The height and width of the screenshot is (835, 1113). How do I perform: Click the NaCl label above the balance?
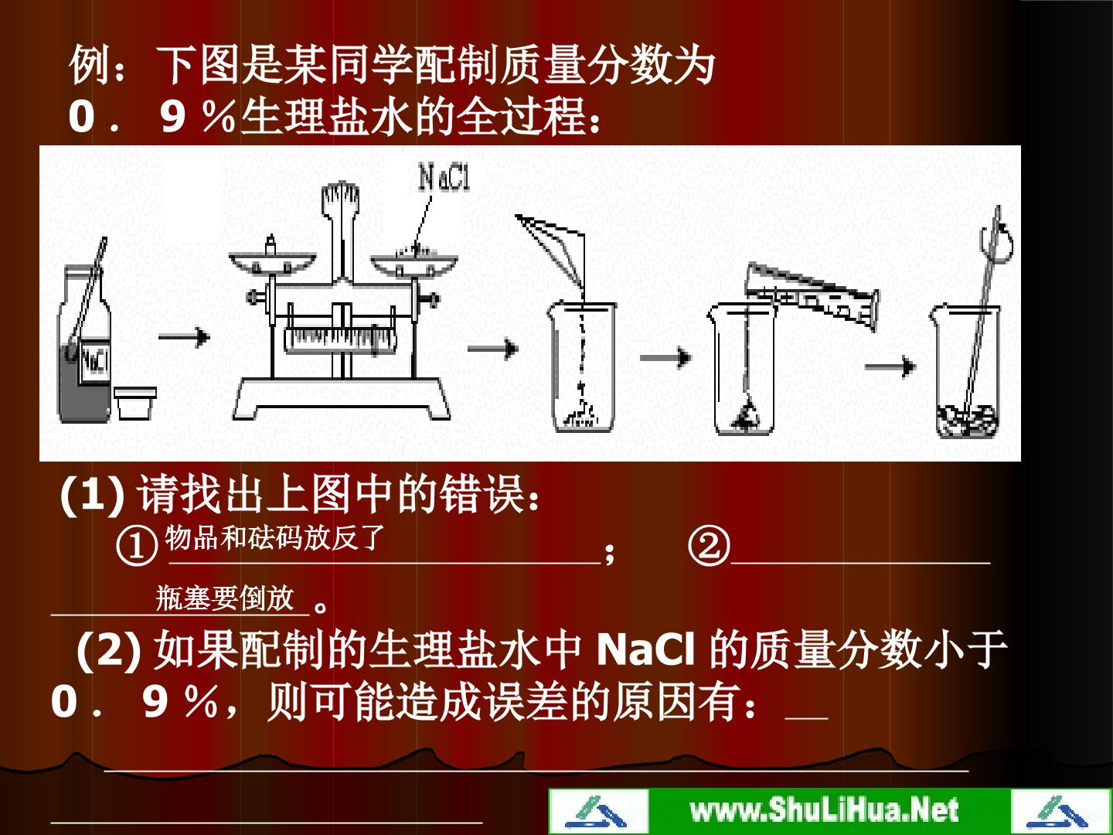point(444,177)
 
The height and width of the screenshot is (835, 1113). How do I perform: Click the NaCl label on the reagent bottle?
point(95,360)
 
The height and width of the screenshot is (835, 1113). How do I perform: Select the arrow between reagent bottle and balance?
point(184,336)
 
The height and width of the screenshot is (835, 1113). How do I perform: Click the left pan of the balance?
point(272,262)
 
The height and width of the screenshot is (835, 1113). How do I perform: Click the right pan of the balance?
point(414,264)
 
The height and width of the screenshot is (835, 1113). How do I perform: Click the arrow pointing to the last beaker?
point(890,366)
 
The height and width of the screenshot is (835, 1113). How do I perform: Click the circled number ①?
point(136,547)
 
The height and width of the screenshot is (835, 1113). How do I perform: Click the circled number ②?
point(709,547)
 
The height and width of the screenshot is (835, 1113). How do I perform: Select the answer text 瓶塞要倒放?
point(225,598)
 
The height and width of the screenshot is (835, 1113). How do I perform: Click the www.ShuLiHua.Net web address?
point(825,809)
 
